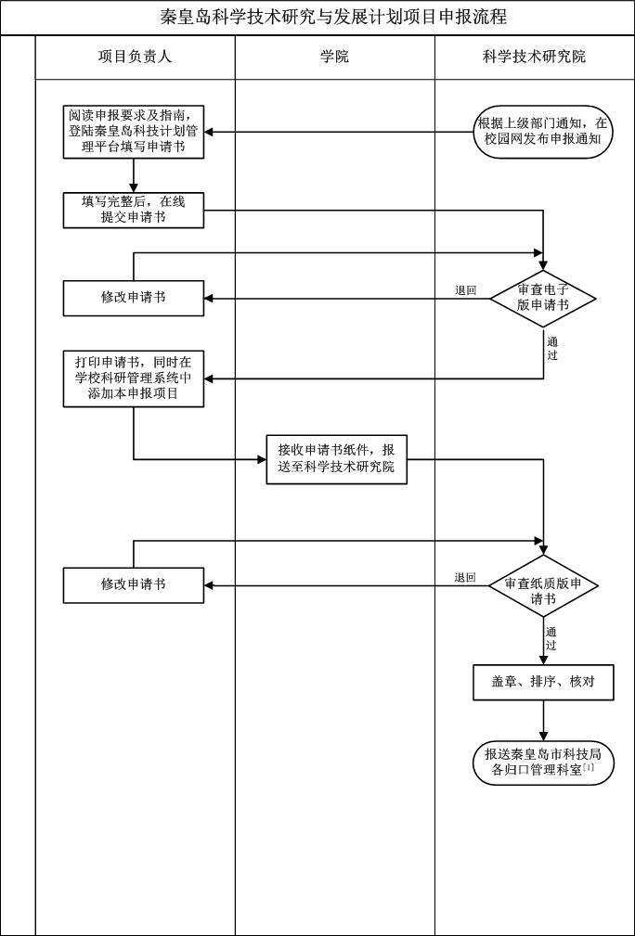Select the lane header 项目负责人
pos(135,57)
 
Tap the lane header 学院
pos(334,57)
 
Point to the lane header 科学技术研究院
pos(534,57)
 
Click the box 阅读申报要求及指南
pos(134,131)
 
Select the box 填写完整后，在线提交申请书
pos(134,210)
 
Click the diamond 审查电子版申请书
pos(543,298)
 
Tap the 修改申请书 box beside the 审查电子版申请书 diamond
pos(134,298)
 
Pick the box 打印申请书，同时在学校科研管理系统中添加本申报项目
pos(134,378)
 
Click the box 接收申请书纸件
pos(336,458)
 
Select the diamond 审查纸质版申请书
pos(543,585)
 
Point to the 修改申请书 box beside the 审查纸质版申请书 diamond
pos(134,584)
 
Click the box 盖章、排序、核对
pos(543,682)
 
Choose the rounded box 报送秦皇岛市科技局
pos(543,762)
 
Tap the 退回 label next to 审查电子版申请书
pos(465,290)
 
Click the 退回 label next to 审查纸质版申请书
pos(465,578)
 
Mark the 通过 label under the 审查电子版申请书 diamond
pos(552,348)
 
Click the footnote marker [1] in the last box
pos(589,767)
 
